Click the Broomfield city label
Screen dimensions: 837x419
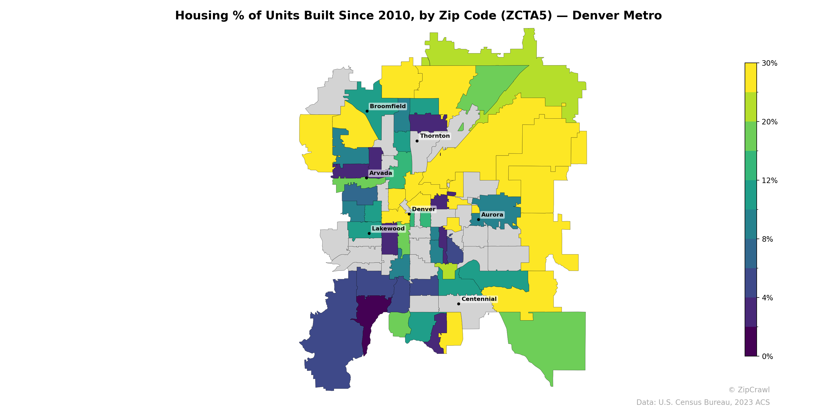point(388,106)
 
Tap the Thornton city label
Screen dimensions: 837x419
point(435,136)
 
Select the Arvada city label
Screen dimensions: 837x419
point(381,173)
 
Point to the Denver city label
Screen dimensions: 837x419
point(423,209)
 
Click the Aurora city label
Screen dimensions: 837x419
point(492,215)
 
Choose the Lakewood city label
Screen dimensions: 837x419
point(388,229)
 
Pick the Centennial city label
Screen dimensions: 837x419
point(479,299)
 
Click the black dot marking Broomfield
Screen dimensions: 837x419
point(367,111)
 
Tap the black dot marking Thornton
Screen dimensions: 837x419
point(417,141)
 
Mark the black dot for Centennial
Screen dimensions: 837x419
point(459,304)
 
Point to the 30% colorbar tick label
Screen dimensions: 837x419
point(770,63)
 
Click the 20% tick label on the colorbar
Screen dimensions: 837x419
point(770,122)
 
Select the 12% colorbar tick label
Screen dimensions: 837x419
point(770,180)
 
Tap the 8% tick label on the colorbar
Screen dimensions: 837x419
point(767,239)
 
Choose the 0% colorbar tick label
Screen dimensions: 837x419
point(767,356)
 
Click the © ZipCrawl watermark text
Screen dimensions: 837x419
point(749,390)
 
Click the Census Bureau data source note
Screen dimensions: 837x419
point(703,403)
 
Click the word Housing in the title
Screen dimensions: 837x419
point(202,16)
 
